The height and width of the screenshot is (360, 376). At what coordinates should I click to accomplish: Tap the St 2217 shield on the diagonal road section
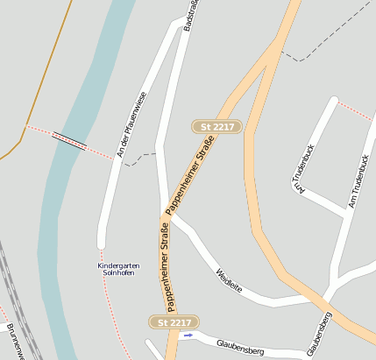(216, 127)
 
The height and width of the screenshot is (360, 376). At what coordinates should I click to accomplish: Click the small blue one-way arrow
(188, 335)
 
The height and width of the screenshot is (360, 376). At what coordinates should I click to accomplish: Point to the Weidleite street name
(230, 281)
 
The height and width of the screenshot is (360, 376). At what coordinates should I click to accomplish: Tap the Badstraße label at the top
(189, 17)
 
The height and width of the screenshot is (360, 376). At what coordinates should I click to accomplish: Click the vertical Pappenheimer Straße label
(164, 268)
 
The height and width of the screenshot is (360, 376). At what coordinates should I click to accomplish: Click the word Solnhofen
(117, 273)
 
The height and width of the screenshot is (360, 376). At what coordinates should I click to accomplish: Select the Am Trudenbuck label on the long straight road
(359, 182)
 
